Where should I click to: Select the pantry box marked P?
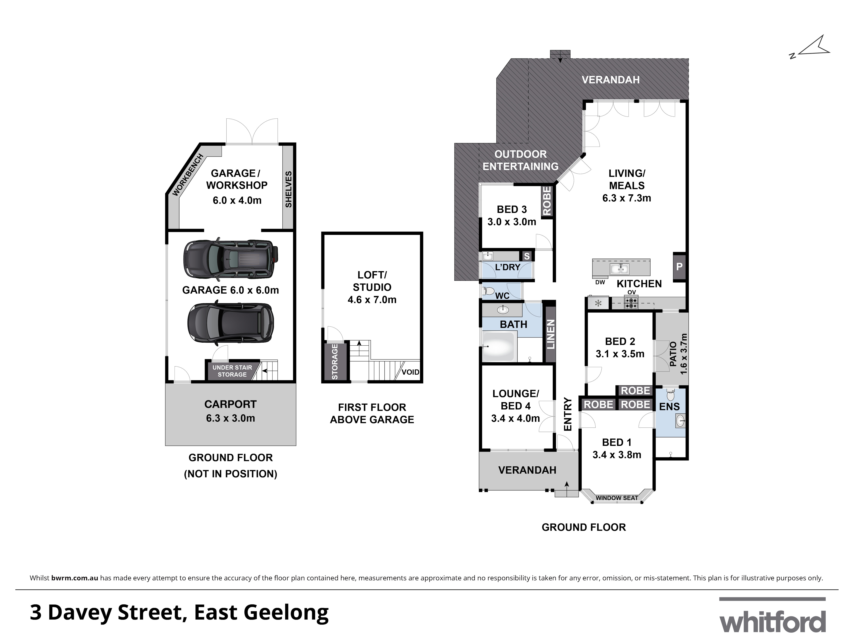tap(679, 266)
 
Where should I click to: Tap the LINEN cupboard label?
tap(550, 334)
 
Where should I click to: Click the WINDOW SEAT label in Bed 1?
tap(617, 498)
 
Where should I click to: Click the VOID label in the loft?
tap(410, 372)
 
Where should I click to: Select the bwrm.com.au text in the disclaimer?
tap(75, 578)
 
